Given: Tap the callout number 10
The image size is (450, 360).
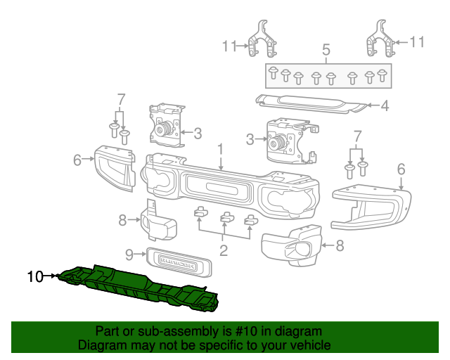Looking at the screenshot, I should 36,276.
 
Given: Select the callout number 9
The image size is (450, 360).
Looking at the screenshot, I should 129,254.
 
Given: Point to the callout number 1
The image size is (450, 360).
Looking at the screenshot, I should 220,149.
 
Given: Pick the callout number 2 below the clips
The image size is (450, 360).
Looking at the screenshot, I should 224,250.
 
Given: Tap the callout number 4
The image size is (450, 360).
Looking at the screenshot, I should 385,107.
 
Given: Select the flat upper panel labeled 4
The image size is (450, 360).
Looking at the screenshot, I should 309,103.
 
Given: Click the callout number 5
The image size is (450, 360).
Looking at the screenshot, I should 326,50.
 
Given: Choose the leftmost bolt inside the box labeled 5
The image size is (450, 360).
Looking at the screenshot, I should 273,71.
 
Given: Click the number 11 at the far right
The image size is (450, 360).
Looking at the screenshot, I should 417,42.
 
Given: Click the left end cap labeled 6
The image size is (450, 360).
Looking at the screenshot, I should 114,167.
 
